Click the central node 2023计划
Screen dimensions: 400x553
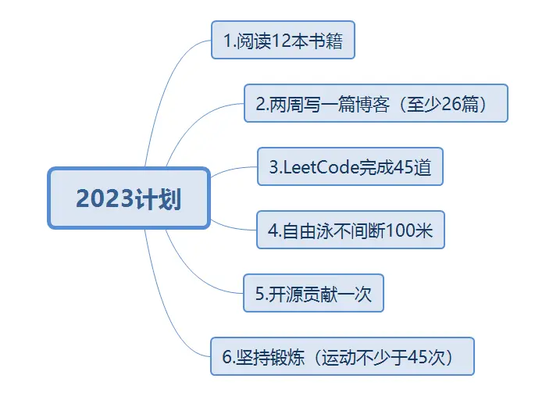(x=129, y=198)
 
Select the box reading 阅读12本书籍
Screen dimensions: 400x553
(x=283, y=40)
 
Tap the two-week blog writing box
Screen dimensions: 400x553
(x=376, y=103)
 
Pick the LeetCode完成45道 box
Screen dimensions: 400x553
(x=350, y=166)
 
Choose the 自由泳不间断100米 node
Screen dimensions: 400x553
(x=350, y=230)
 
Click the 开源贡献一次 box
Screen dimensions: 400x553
(x=313, y=293)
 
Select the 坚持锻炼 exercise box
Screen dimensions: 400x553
(x=342, y=356)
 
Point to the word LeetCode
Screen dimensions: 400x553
(x=315, y=166)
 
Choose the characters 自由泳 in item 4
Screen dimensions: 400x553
(x=304, y=230)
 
